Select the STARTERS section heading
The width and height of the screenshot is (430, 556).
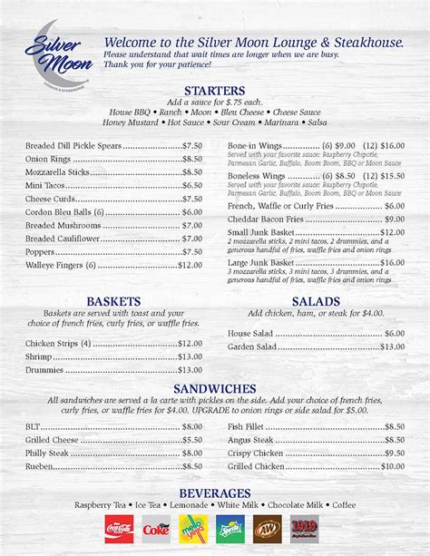point(214,91)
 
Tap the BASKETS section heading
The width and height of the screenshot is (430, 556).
point(112,301)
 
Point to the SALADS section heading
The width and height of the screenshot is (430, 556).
point(316,301)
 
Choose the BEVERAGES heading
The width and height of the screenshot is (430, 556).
point(214,493)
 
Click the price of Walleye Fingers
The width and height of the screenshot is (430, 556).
point(190,266)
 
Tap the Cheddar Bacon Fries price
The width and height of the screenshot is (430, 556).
point(394,219)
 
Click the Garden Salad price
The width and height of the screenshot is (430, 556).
point(392,346)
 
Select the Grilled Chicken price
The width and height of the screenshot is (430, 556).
point(392,466)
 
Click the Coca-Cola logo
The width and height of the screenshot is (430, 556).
point(119,529)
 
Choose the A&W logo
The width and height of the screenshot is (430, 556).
point(267,529)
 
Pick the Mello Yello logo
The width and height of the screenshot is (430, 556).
point(193,529)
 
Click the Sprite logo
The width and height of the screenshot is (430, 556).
point(230,529)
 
